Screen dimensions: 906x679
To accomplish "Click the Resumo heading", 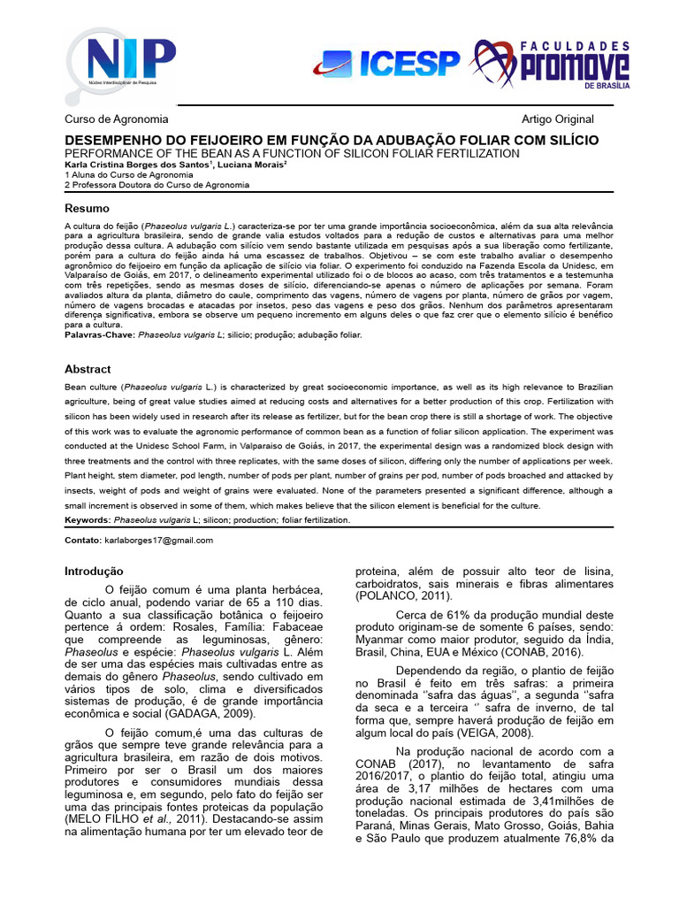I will [x=88, y=208].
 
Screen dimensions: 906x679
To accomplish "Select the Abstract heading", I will [x=88, y=368].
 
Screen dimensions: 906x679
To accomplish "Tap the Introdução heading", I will [x=95, y=572].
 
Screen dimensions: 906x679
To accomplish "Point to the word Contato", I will [x=82, y=540].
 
